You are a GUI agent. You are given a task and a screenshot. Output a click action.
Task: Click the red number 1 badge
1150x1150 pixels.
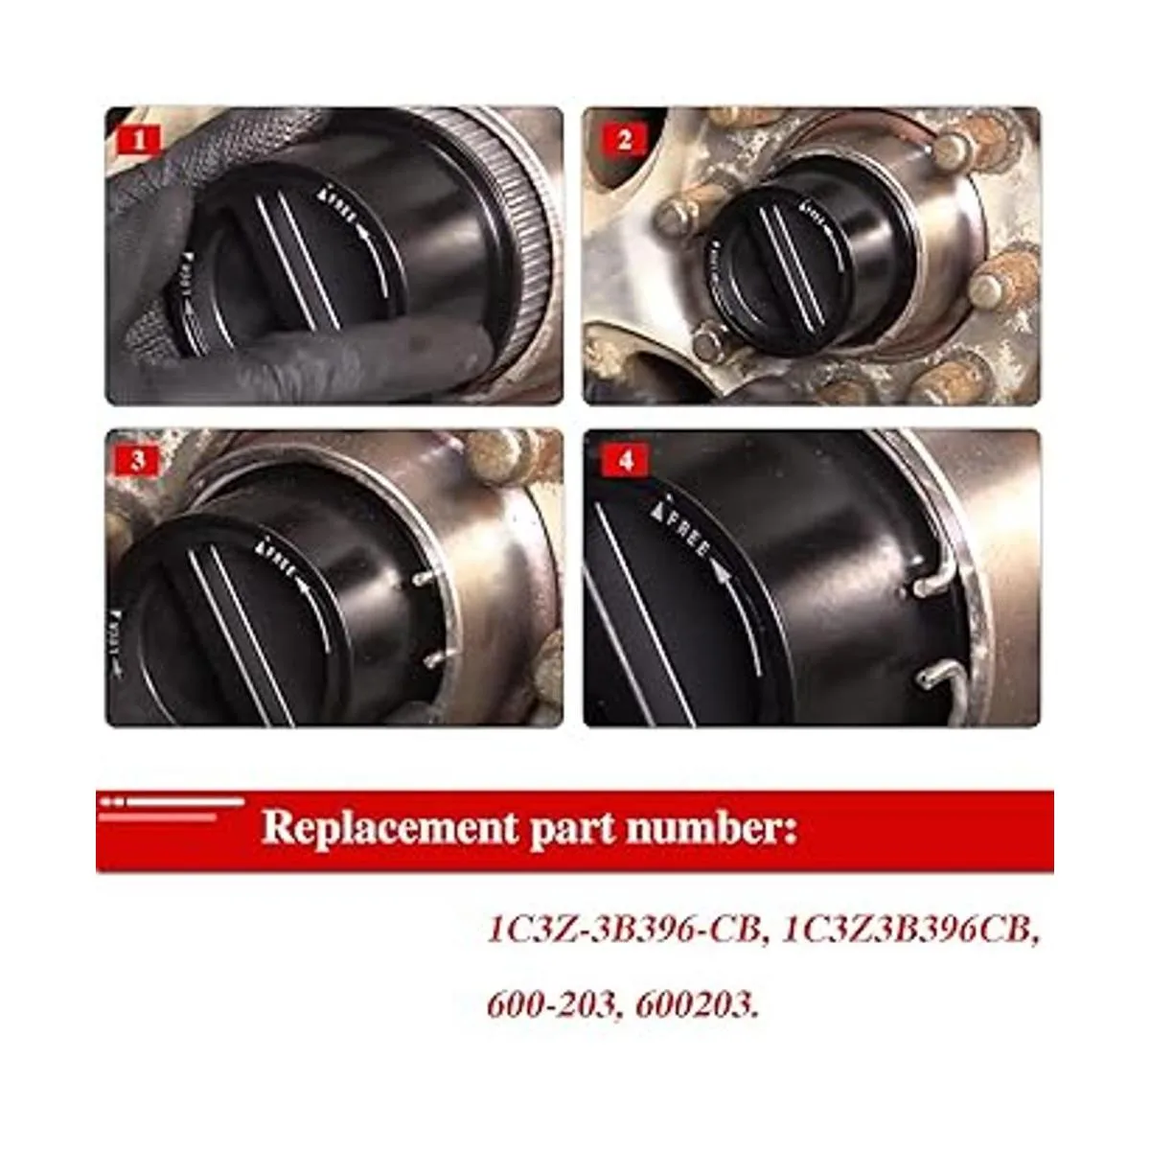tap(141, 141)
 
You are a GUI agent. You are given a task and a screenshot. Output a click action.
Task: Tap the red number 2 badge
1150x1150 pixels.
tap(625, 141)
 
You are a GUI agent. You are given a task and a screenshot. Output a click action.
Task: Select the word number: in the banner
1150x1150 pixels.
tap(711, 827)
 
